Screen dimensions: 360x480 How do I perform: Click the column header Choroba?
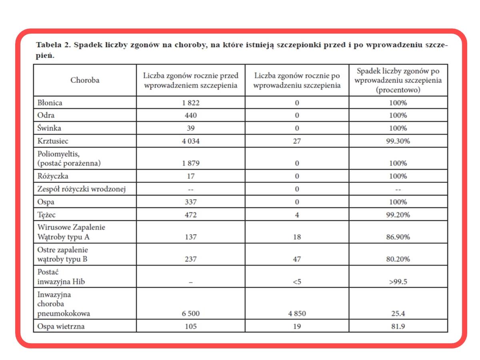85,80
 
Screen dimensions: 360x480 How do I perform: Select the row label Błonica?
50,103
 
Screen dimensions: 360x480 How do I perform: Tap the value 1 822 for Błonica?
190,103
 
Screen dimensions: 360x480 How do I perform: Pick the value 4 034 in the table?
190,141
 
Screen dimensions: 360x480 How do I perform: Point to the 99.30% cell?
398,141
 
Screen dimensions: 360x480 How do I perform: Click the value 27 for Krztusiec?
297,141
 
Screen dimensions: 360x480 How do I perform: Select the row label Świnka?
49,128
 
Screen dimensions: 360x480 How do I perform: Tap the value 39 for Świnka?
190,128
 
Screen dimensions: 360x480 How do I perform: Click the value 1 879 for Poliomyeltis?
190,164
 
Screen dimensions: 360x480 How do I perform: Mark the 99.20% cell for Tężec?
398,215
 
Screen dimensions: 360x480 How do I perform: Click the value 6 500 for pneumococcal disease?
190,314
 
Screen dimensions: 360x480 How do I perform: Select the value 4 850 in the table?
297,314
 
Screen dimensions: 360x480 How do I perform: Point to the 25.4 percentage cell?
398,314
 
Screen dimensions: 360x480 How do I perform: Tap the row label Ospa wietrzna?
61,326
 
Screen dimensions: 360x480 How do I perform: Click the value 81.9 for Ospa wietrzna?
398,326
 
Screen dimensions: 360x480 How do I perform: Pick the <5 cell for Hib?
297,282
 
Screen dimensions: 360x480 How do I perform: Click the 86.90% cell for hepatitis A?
398,237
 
